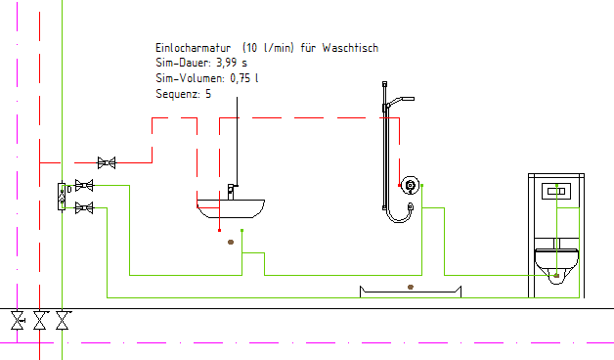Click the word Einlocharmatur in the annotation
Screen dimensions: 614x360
pos(193,48)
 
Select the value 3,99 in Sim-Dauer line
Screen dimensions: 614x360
pos(227,63)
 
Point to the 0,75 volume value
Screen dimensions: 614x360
pos(241,78)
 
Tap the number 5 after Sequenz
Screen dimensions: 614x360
pos(208,94)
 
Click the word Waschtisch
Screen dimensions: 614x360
pos(350,48)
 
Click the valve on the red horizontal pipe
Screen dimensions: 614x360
pos(107,162)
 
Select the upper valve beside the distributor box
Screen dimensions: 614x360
pos(84,185)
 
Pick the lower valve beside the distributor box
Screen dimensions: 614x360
pos(84,207)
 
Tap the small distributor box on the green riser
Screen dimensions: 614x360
pos(62,197)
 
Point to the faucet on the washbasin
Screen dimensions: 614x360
pos(232,192)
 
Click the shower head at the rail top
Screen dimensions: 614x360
pos(400,101)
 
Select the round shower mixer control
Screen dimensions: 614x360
pos(410,185)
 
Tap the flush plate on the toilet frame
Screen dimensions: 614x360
pos(556,191)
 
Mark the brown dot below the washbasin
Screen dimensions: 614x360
pos(231,242)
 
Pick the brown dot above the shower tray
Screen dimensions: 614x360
pos(411,288)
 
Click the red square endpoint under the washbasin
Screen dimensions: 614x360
pos(219,230)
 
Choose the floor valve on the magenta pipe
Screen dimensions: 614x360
pos(18,320)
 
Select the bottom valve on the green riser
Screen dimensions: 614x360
pos(63,320)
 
